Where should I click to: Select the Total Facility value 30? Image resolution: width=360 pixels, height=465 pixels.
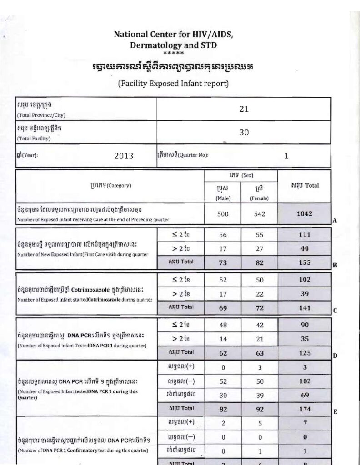[245, 132]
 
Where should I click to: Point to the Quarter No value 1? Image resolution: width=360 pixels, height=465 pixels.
[286, 156]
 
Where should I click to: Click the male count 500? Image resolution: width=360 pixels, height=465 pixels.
[223, 214]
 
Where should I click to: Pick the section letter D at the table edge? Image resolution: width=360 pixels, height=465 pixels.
[334, 356]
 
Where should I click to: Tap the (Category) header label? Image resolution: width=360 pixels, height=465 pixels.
[111, 185]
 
